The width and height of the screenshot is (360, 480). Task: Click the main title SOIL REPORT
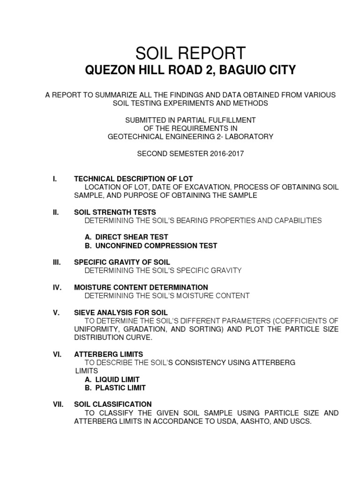[190, 52]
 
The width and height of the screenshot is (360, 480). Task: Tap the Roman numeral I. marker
[55, 179]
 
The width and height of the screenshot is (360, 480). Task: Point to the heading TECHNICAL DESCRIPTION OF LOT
[133, 179]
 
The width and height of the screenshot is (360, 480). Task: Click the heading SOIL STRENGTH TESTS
[115, 212]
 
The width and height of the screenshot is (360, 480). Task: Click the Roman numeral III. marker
[56, 262]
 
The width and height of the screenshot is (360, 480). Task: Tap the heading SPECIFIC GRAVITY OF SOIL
[122, 262]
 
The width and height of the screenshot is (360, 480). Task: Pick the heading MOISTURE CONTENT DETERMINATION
[141, 287]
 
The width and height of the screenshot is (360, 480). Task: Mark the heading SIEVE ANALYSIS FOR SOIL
[120, 312]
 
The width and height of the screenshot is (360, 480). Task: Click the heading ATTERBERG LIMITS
[109, 354]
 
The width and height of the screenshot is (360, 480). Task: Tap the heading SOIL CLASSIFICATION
[112, 404]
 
